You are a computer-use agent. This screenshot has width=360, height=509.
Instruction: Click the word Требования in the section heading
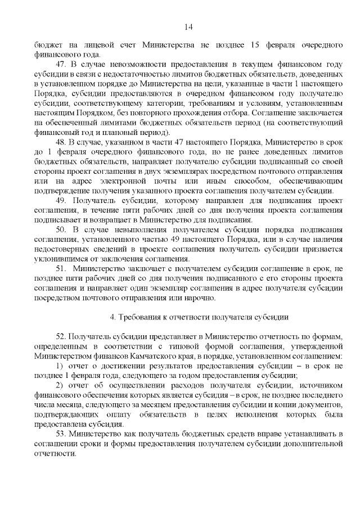[x=142, y=317]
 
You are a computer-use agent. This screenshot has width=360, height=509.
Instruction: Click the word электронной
[x=131, y=181]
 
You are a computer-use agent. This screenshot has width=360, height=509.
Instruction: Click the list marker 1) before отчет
[x=60, y=366]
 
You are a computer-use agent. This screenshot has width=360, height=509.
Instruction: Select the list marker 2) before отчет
[x=60, y=386]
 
